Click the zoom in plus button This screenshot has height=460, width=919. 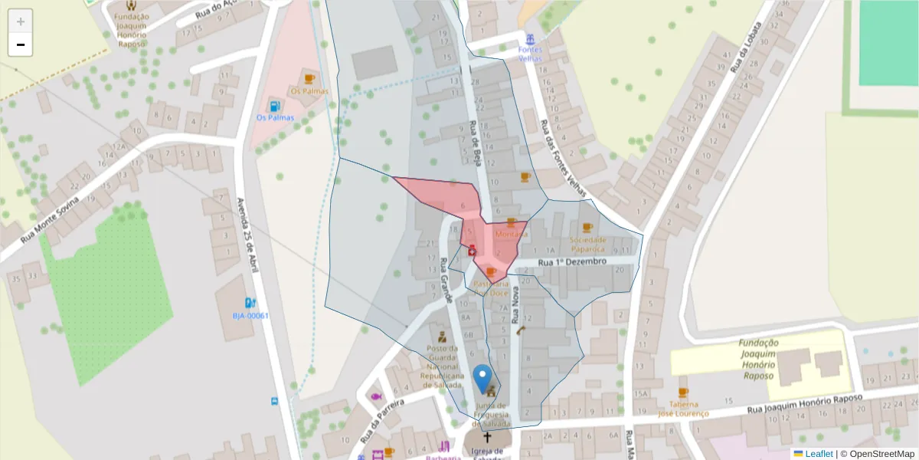(21, 21)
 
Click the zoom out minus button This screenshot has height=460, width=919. (21, 44)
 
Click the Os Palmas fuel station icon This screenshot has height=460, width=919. (274, 106)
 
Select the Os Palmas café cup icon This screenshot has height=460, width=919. (309, 79)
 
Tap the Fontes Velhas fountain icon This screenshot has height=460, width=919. (530, 39)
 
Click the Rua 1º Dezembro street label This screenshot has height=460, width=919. (573, 262)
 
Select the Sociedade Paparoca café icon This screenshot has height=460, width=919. (587, 228)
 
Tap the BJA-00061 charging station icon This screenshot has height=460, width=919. (250, 303)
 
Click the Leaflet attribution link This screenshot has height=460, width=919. (818, 454)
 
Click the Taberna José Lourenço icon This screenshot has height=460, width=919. (683, 393)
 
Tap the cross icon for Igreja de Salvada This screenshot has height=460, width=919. (486, 437)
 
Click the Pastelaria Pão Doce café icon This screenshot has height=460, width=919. (491, 272)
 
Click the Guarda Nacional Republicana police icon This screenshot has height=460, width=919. (442, 337)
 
